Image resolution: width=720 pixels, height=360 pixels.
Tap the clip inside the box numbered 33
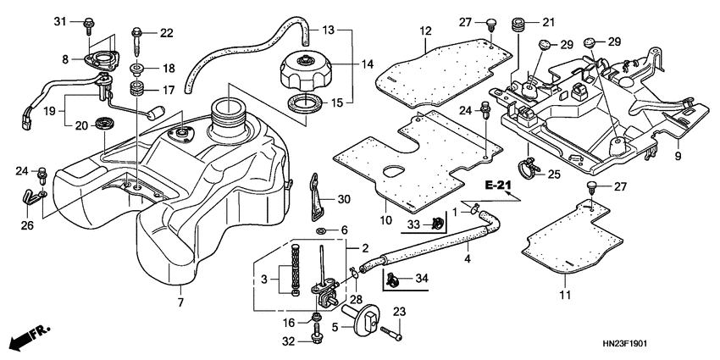pyautogui.click(x=438, y=224)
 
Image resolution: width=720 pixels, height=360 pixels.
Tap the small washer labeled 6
pyautogui.click(x=322, y=230)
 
